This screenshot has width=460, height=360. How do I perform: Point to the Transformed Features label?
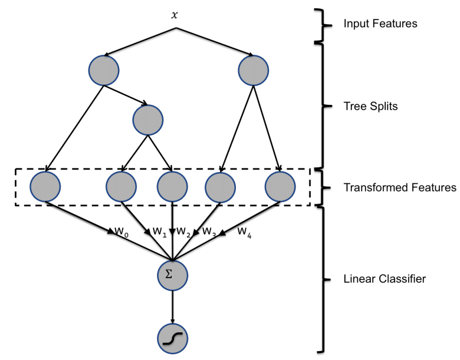(399, 188)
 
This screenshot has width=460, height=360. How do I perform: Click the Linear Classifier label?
(384, 279)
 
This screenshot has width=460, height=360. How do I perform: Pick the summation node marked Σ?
(172, 274)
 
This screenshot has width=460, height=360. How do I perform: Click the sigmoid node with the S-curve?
(172, 338)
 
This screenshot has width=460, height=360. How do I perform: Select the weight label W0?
(121, 232)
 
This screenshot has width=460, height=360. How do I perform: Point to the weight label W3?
(209, 231)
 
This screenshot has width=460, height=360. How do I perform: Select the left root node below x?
(104, 70)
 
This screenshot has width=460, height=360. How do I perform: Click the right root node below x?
(254, 70)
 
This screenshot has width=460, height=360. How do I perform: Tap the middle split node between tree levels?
(148, 120)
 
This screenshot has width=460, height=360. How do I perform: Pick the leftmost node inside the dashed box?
(45, 187)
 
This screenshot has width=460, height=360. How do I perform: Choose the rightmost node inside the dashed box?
(280, 187)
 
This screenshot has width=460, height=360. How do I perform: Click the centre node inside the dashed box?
(172, 187)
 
